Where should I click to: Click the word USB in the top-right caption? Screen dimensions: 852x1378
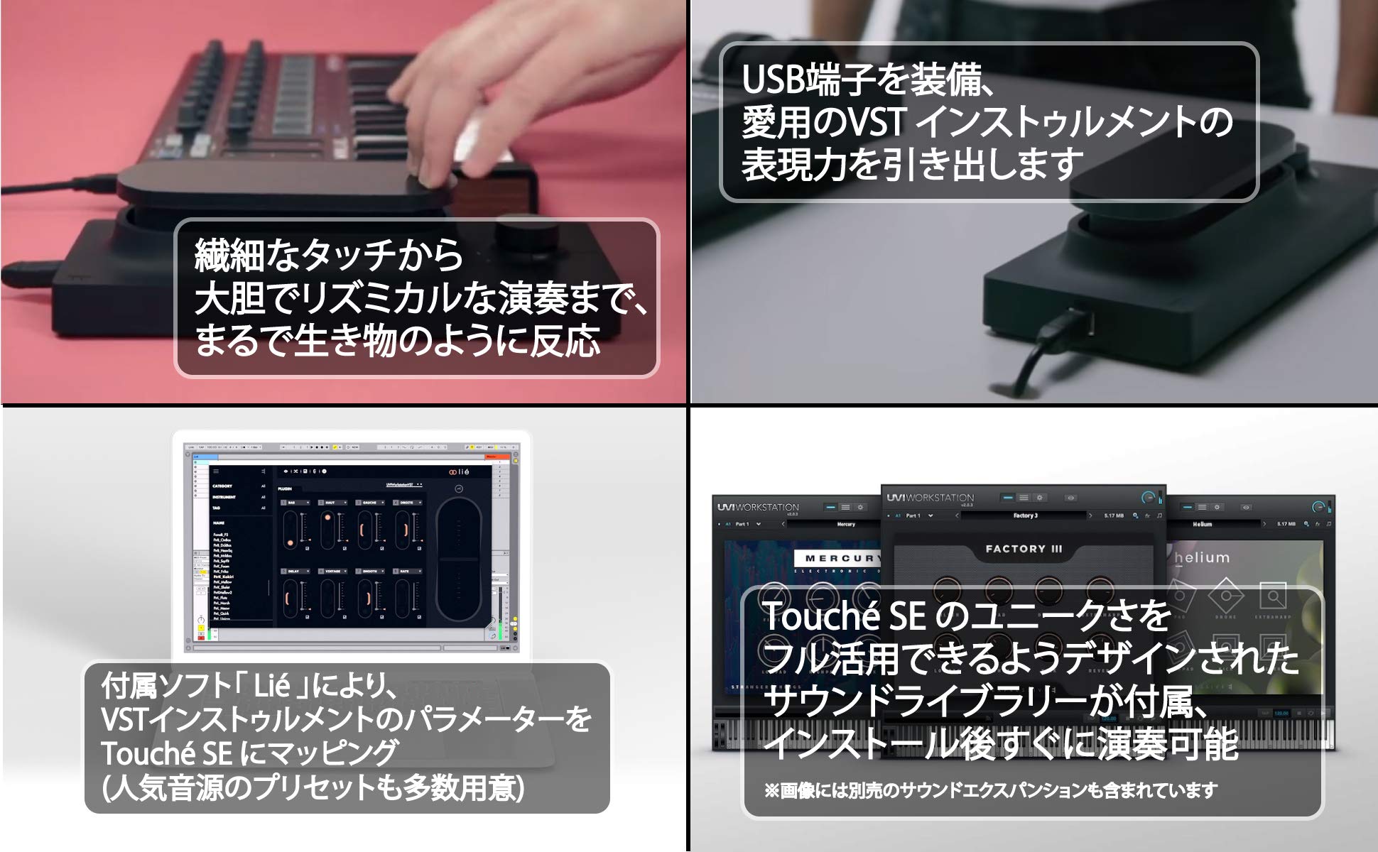[x=776, y=80]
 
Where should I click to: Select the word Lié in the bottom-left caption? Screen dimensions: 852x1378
[x=271, y=685]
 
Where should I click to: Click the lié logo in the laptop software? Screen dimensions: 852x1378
[x=459, y=472]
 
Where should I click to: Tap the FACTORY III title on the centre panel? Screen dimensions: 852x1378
[x=1024, y=549]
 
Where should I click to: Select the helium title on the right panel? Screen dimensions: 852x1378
[x=1202, y=558]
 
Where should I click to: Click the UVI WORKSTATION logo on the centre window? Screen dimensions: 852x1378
[x=931, y=498]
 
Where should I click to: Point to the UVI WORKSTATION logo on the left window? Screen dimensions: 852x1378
[x=758, y=507]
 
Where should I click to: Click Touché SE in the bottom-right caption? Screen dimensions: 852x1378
[x=843, y=616]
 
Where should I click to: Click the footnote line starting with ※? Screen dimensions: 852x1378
[x=990, y=790]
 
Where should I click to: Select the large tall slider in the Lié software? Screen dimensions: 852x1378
[x=458, y=561]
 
